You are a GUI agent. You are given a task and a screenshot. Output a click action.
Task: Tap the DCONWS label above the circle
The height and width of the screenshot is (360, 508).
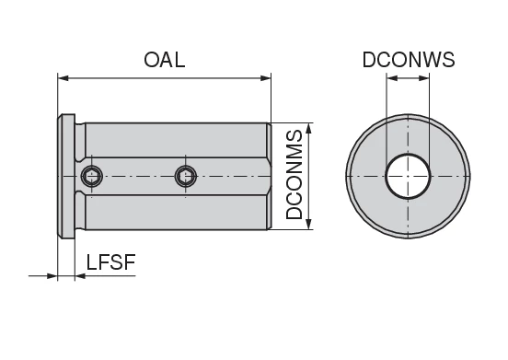(408, 60)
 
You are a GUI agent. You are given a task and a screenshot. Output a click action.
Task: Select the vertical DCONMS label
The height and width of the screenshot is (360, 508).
(295, 176)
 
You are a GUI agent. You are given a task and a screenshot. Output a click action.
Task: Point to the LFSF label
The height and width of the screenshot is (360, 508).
(110, 262)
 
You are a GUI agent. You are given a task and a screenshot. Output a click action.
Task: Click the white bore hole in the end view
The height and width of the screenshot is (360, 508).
(408, 176)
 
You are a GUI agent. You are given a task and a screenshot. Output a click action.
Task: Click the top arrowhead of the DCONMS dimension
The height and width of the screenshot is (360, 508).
(313, 128)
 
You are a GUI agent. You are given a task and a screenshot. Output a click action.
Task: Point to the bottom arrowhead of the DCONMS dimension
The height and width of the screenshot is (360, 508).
(313, 224)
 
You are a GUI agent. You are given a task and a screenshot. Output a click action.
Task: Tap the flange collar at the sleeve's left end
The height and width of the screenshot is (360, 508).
(66, 176)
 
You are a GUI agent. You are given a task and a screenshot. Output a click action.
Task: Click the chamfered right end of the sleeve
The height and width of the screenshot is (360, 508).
(267, 176)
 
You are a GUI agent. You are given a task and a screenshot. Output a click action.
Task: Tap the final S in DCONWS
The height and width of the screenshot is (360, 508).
(448, 60)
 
